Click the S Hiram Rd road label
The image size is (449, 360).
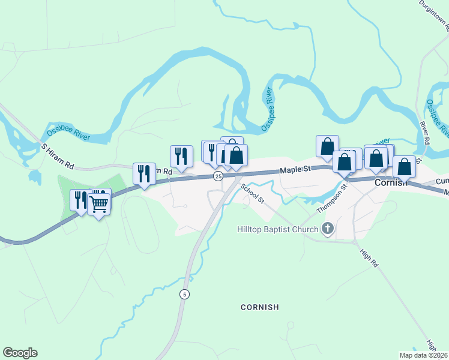(57, 155)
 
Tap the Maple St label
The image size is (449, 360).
(295, 170)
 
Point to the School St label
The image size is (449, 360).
(253, 193)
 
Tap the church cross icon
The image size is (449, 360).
(327, 229)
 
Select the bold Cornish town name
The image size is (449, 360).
(391, 182)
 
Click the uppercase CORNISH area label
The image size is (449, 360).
(260, 307)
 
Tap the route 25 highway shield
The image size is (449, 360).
(218, 176)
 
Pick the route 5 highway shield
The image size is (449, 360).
(184, 294)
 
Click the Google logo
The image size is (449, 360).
(20, 353)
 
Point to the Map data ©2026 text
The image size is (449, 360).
(423, 355)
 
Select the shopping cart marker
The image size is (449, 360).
(98, 204)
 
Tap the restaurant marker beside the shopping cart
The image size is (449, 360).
(80, 200)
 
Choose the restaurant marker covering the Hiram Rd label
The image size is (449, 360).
(144, 173)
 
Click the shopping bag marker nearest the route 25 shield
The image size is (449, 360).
(237, 155)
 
